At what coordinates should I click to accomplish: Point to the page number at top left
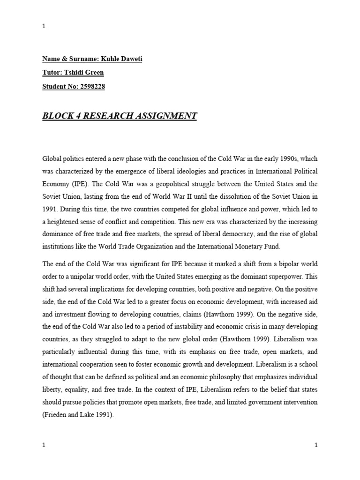[x=44, y=26]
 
